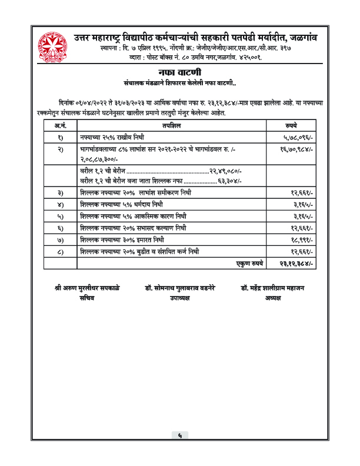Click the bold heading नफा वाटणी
(180, 72)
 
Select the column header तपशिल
(171, 125)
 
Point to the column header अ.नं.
(61, 125)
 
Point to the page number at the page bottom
(180, 435)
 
